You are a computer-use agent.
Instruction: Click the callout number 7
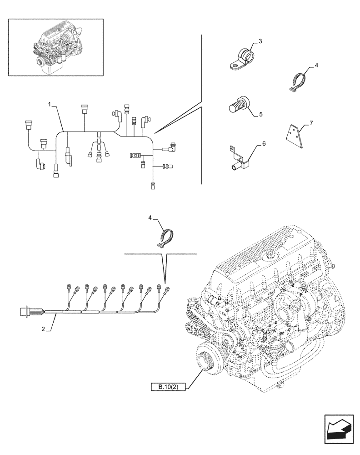coord(310,123)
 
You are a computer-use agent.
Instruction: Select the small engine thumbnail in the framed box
coord(55,47)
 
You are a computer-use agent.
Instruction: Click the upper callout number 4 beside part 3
coord(316,66)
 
